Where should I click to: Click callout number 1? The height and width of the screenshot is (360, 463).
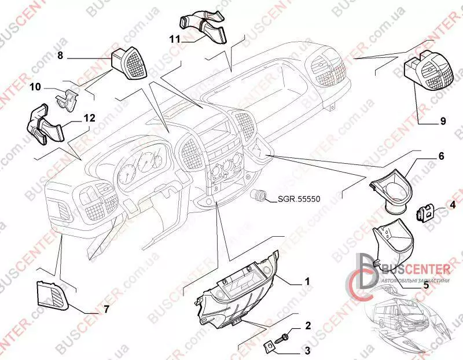click(307, 282)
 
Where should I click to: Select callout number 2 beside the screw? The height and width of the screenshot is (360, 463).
click(307, 326)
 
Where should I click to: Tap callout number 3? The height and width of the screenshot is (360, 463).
click(307, 350)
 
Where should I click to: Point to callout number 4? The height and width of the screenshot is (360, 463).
click(453, 204)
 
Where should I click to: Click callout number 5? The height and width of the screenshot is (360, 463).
click(425, 285)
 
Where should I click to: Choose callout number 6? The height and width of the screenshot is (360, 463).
click(440, 156)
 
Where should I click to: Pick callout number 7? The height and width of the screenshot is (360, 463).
click(106, 310)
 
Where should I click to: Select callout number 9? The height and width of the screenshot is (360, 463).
click(442, 121)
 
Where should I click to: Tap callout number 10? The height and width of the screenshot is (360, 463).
click(35, 87)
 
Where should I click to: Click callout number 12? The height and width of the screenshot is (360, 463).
click(89, 118)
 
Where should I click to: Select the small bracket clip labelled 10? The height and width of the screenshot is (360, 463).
click(69, 99)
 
